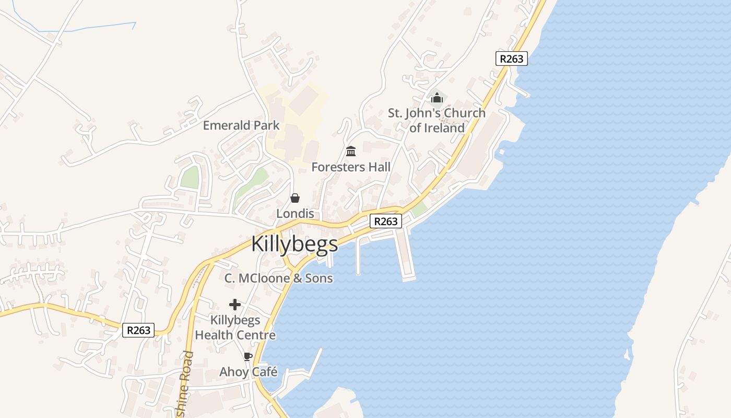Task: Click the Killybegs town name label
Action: pos(294,244)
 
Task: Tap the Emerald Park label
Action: pos(241,125)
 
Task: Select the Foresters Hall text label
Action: pos(351,167)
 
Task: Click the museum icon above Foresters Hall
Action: pos(351,152)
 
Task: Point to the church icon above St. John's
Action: pos(437,98)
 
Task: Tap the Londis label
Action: pos(295,214)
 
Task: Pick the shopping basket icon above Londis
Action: pos(295,198)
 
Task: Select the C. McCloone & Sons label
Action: pos(278,278)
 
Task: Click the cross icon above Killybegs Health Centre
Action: pos(235,305)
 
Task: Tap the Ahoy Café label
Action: pos(248,372)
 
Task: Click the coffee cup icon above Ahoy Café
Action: pos(248,357)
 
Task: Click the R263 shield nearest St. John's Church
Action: pos(511,59)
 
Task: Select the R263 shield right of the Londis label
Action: pos(386,222)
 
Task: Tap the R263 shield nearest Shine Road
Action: pos(138,330)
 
